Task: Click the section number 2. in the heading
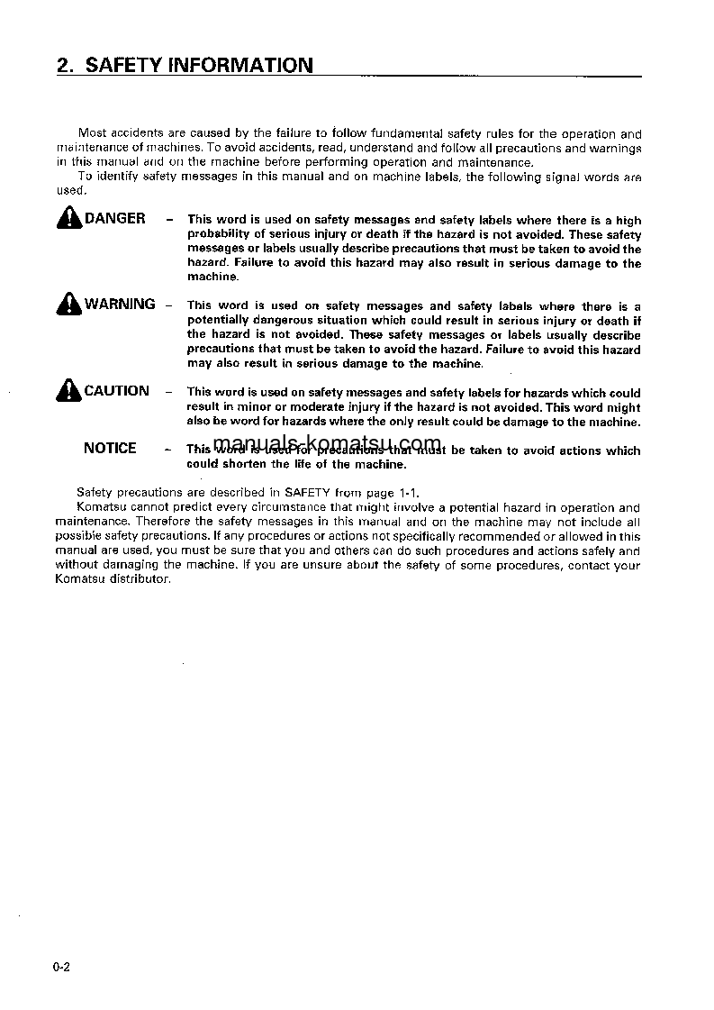(64, 65)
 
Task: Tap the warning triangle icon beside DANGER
(68, 219)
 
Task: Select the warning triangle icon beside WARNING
(68, 305)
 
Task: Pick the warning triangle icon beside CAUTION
(68, 391)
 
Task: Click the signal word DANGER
(114, 219)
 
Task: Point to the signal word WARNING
(120, 305)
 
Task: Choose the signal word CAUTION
(117, 391)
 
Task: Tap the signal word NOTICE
(110, 449)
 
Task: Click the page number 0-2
(61, 969)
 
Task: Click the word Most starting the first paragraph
(93, 133)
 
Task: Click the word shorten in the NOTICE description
(245, 465)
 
